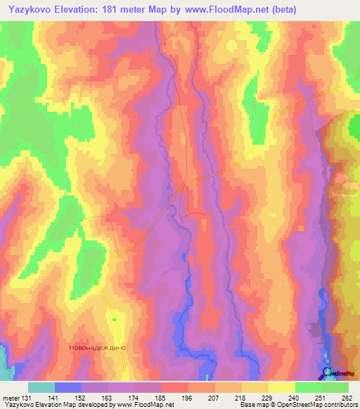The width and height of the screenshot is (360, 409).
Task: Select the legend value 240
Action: [292, 397]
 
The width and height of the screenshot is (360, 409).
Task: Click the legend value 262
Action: [345, 397]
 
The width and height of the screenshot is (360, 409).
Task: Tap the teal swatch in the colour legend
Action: [41, 387]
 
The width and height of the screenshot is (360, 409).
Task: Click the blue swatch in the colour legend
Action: [68, 387]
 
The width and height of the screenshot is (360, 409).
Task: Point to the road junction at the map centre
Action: [185, 185]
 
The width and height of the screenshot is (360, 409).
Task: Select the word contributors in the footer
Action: [340, 405]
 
